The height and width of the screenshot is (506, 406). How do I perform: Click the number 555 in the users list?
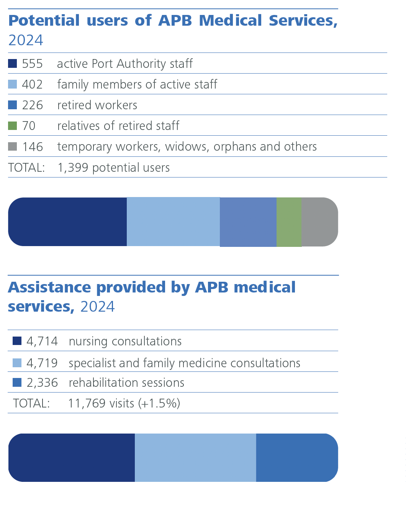pyautogui.click(x=32, y=64)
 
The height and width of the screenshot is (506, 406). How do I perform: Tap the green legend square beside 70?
pyautogui.click(x=13, y=126)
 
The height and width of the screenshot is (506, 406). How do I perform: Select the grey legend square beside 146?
pyautogui.click(x=13, y=146)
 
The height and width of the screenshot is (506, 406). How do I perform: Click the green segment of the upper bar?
pyautogui.click(x=289, y=222)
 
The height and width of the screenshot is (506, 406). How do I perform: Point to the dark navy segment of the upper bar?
pyautogui.click(x=67, y=222)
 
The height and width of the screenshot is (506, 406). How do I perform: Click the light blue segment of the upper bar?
pyautogui.click(x=173, y=222)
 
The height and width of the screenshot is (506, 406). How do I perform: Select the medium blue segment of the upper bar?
pyautogui.click(x=248, y=222)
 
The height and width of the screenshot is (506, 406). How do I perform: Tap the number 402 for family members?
pyautogui.click(x=32, y=84)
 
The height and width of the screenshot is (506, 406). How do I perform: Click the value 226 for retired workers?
pyautogui.click(x=32, y=105)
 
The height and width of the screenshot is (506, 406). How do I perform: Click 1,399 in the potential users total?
pyautogui.click(x=73, y=168)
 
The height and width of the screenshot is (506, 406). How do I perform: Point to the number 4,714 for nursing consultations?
pyautogui.click(x=42, y=341)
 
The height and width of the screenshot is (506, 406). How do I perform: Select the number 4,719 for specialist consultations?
pyautogui.click(x=42, y=363)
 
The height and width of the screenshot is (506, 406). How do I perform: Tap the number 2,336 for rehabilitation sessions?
pyautogui.click(x=42, y=383)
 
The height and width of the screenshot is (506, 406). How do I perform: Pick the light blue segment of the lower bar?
pyautogui.click(x=195, y=458)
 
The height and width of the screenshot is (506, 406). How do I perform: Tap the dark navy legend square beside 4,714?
pyautogui.click(x=17, y=341)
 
